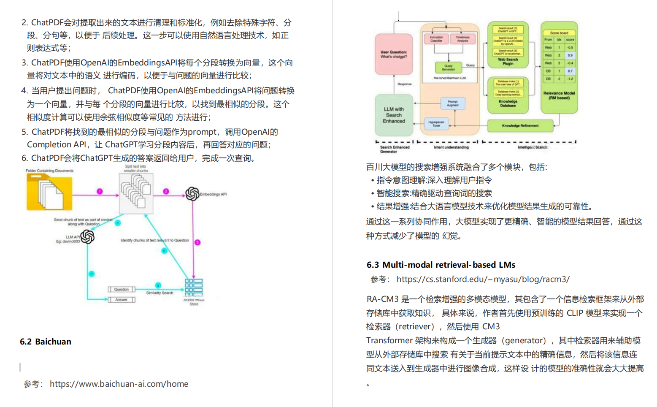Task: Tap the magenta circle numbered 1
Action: (100, 191)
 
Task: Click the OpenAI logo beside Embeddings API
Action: (192, 194)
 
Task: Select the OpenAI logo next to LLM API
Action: (87, 237)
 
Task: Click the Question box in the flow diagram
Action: (122, 289)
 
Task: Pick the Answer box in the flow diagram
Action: (122, 299)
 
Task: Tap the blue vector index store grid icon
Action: (194, 288)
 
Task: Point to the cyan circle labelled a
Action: (158, 285)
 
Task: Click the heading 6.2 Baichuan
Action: (46, 342)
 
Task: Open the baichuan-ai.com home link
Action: (119, 384)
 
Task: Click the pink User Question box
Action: (394, 54)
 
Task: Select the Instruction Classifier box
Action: (436, 39)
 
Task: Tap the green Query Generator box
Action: (448, 68)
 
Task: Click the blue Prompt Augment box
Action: (452, 103)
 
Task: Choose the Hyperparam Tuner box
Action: (436, 124)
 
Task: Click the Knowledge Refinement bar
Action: (520, 125)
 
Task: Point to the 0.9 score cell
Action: (570, 55)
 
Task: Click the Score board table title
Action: (559, 33)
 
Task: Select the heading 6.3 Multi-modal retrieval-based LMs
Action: (441, 265)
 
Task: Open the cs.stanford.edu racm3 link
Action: (483, 279)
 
